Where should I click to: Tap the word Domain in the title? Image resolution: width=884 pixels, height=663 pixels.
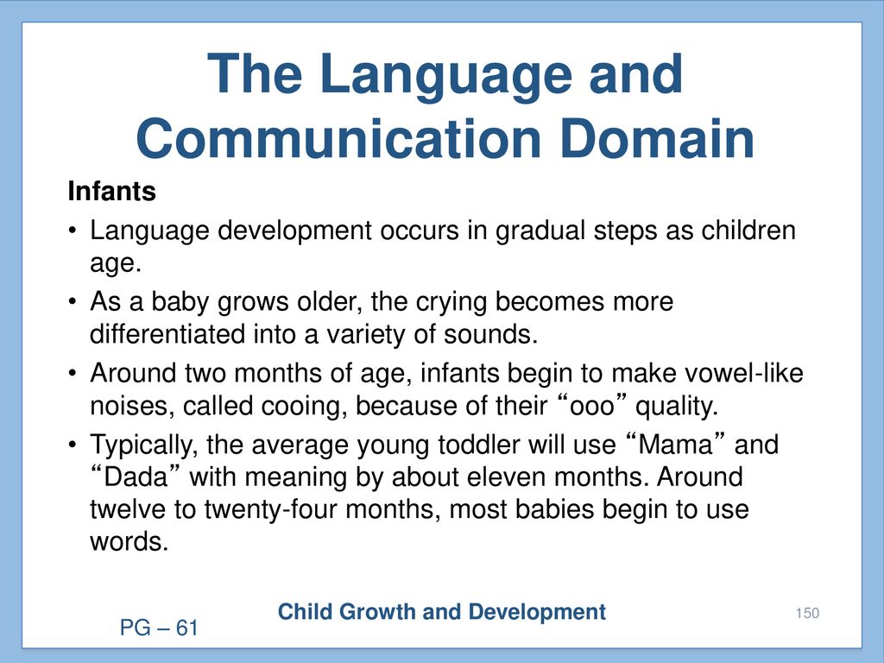point(657,139)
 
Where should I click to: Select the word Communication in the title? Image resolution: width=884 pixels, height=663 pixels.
point(338,139)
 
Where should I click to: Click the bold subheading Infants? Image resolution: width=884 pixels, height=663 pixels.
point(111,191)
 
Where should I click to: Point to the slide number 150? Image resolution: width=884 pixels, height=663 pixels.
point(807,613)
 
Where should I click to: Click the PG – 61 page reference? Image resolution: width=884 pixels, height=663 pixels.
point(159,628)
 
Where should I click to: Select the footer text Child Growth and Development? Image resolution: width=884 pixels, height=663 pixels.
point(441,612)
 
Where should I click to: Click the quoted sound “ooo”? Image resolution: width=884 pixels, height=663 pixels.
point(591,405)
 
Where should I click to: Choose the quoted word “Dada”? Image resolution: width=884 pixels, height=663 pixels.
point(136,477)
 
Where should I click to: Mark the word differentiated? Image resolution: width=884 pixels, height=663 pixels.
point(167,334)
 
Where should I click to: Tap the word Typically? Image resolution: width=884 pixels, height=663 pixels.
point(144,445)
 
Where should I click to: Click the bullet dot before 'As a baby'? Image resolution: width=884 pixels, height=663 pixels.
point(73,302)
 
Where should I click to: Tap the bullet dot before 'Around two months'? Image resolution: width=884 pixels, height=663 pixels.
point(73,374)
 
